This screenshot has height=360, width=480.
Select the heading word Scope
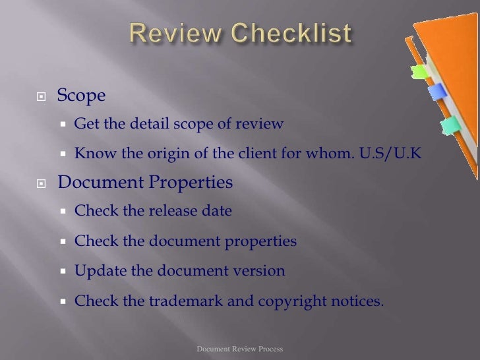pos(81,96)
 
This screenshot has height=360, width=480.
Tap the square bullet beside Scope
pos(41,96)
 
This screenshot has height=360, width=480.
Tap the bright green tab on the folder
pos(417,69)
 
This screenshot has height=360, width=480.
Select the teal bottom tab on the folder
pos(452,123)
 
